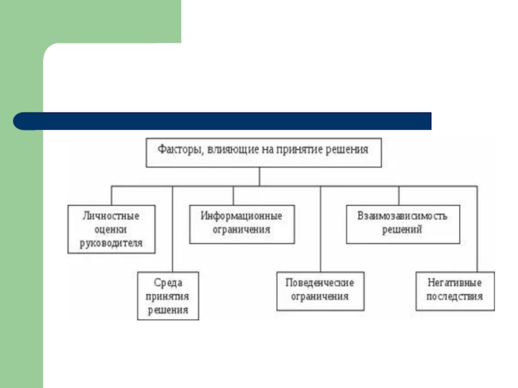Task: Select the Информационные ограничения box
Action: (x=241, y=223)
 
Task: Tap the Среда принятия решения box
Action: (x=168, y=296)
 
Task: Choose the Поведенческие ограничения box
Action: (x=320, y=290)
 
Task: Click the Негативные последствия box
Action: (x=455, y=290)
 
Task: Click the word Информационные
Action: (x=241, y=216)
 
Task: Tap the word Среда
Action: (x=168, y=283)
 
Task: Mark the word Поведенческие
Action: (x=320, y=283)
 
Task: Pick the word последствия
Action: (x=455, y=297)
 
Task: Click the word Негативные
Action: (x=455, y=283)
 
